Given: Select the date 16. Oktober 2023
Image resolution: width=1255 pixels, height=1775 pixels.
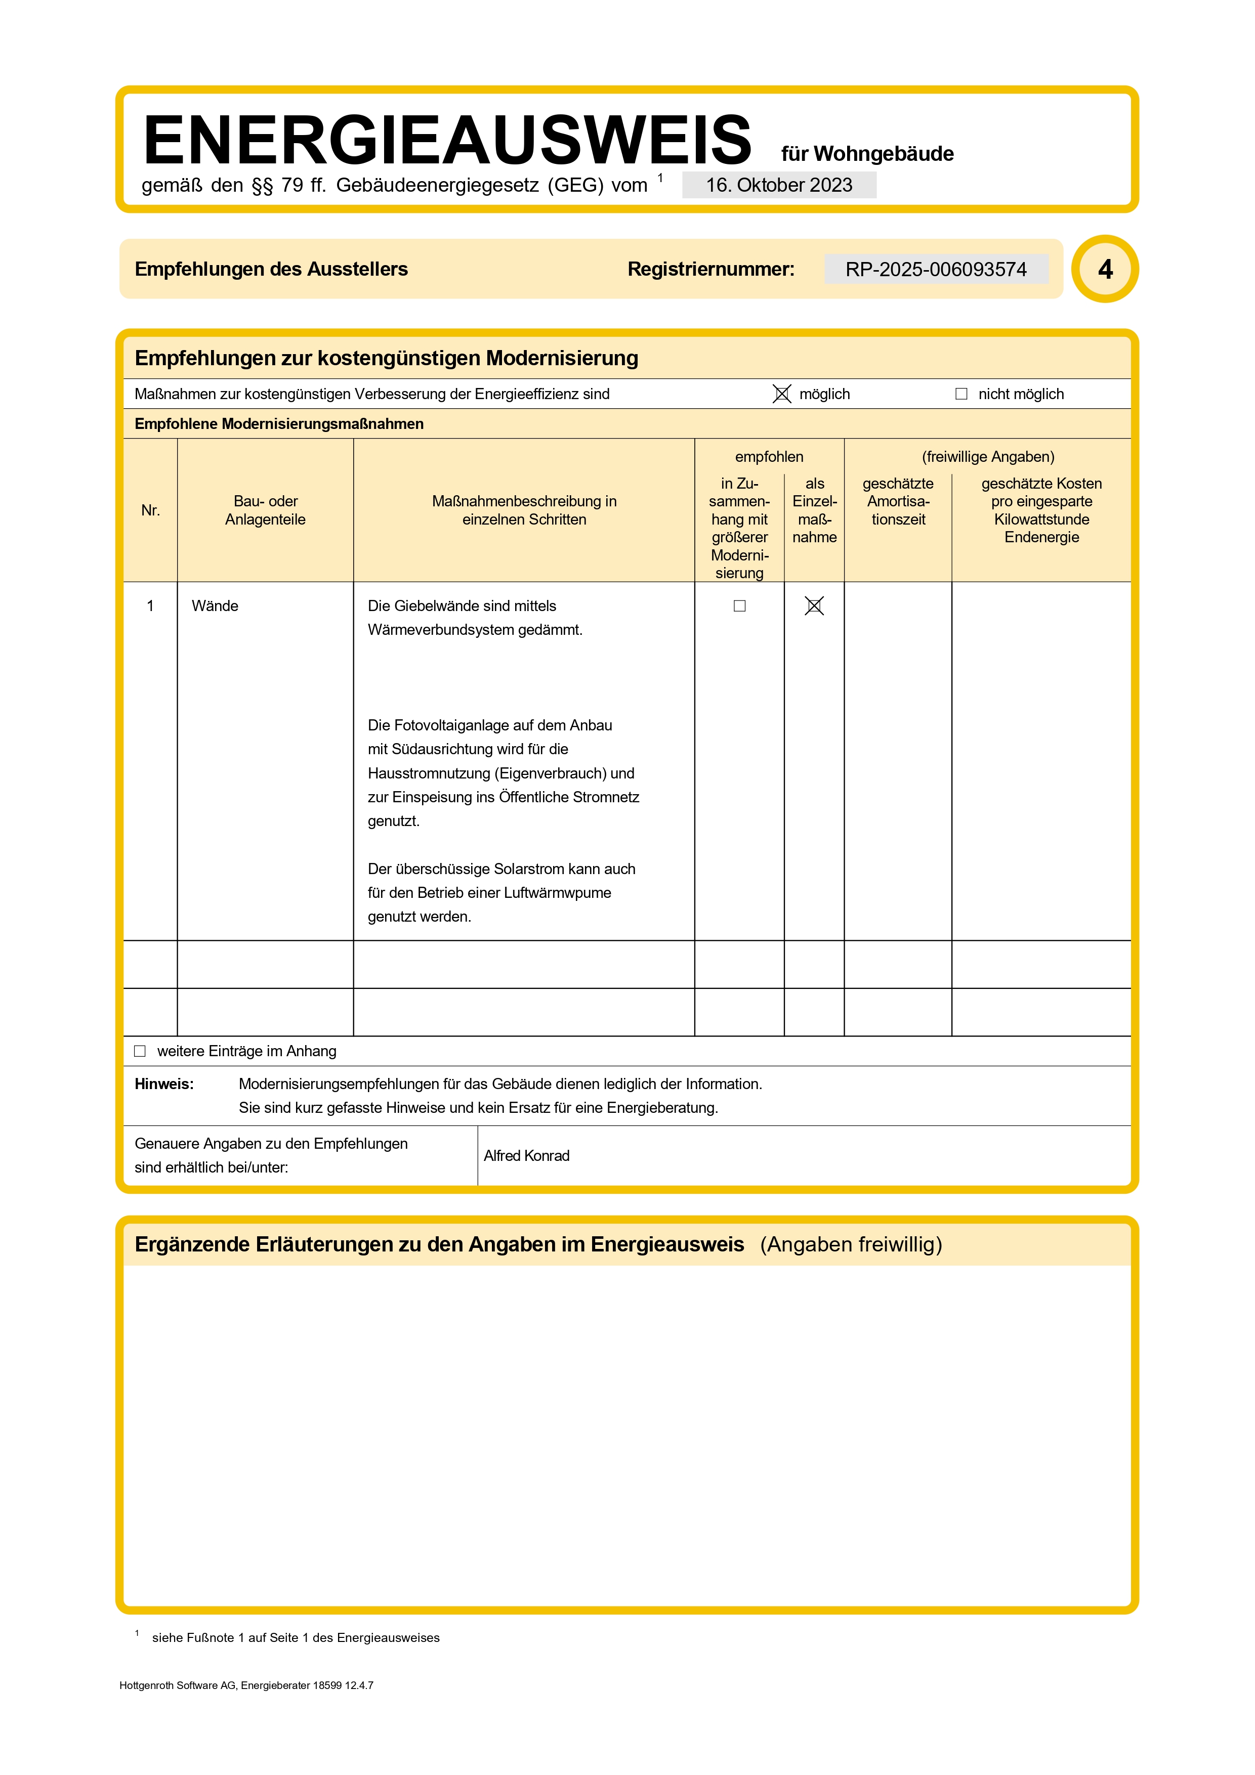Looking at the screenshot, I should pyautogui.click(x=779, y=186).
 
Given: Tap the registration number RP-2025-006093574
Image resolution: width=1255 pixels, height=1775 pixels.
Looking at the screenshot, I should pyautogui.click(x=936, y=269).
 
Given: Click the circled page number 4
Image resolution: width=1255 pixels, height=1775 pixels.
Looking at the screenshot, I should pyautogui.click(x=1105, y=269).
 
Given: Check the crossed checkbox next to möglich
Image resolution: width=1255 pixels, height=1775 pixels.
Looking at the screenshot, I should pyautogui.click(x=782, y=394).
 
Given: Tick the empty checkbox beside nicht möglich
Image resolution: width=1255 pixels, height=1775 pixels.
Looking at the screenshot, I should pyautogui.click(x=961, y=394).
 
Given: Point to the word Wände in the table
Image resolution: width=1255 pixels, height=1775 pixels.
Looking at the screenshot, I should pyautogui.click(x=215, y=606).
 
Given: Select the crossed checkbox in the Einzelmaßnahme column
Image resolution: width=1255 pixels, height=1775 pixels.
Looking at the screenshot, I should pyautogui.click(x=814, y=606).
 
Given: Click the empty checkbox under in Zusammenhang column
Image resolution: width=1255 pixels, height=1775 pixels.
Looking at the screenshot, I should pyautogui.click(x=739, y=606).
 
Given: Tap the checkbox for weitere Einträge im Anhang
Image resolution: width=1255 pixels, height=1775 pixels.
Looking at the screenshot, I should pyautogui.click(x=140, y=1052).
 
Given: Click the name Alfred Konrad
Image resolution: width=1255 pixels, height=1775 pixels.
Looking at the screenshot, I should pyautogui.click(x=527, y=1156).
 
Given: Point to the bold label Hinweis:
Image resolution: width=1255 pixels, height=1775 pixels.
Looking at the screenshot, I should pyautogui.click(x=164, y=1084).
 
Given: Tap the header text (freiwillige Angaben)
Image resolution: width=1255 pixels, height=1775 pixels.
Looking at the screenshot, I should pyautogui.click(x=987, y=457).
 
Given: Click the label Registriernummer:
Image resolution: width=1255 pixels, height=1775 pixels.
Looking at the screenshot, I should pyautogui.click(x=710, y=269).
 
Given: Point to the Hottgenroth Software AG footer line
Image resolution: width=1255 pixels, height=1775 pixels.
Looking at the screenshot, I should pyautogui.click(x=246, y=1685).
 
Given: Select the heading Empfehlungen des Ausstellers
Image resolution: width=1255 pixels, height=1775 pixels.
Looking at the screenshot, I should pyautogui.click(x=271, y=269).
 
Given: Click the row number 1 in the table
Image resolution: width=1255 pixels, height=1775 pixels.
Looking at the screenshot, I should pyautogui.click(x=150, y=606).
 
